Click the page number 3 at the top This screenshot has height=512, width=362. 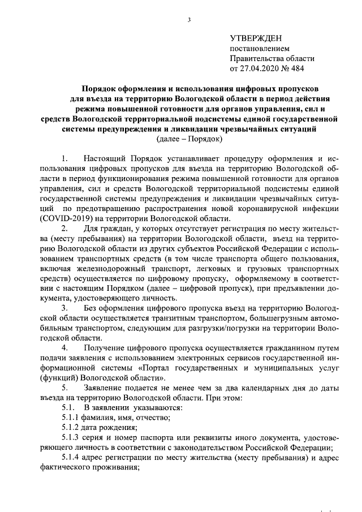pos(189,21)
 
